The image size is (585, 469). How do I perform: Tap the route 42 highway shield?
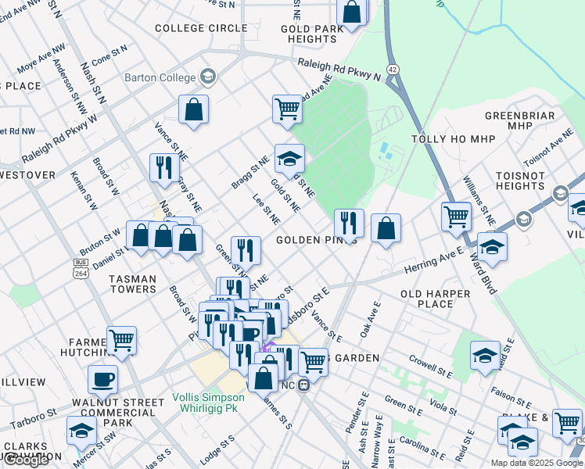(393, 70)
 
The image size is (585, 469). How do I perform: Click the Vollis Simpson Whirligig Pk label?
(208, 403)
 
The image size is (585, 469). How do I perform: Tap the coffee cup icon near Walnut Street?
(102, 381)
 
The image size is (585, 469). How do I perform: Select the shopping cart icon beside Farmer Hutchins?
(121, 341)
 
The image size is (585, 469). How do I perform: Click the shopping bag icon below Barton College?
(193, 110)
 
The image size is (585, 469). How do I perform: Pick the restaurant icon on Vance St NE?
(164, 168)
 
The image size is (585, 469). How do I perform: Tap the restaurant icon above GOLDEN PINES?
(349, 224)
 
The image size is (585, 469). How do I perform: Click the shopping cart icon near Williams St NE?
(456, 216)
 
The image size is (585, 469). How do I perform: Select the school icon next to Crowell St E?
(485, 355)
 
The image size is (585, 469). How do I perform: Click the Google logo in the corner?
(26, 460)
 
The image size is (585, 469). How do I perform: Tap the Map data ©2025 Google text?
(536, 463)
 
